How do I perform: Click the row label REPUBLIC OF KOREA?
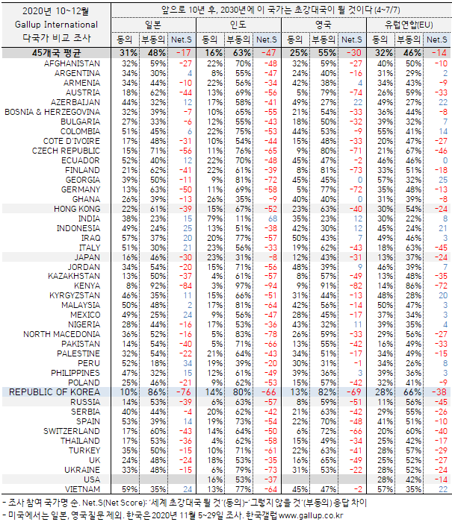pos(55,392)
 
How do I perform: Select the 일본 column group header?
pos(153,25)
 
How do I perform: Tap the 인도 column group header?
pos(238,25)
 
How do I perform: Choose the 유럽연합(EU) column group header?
pos(409,25)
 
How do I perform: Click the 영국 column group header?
pos(323,25)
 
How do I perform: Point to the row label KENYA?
pos(87,286)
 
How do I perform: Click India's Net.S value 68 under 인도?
pos(273,218)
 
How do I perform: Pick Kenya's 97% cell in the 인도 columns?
pos(243,286)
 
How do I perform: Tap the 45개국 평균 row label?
pos(56,53)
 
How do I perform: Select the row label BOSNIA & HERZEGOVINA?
pos(52,112)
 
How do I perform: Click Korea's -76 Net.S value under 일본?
pos(184,392)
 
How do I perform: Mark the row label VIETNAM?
pos(82,489)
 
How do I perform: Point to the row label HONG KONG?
pos(77,209)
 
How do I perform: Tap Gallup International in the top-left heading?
pos(56,25)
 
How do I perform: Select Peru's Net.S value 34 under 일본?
pos(188,363)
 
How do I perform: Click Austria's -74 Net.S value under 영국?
pos(356,93)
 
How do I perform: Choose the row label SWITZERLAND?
pos(72,431)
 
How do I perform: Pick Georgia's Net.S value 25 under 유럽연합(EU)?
pos(443,180)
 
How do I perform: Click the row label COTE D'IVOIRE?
pos(72,141)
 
